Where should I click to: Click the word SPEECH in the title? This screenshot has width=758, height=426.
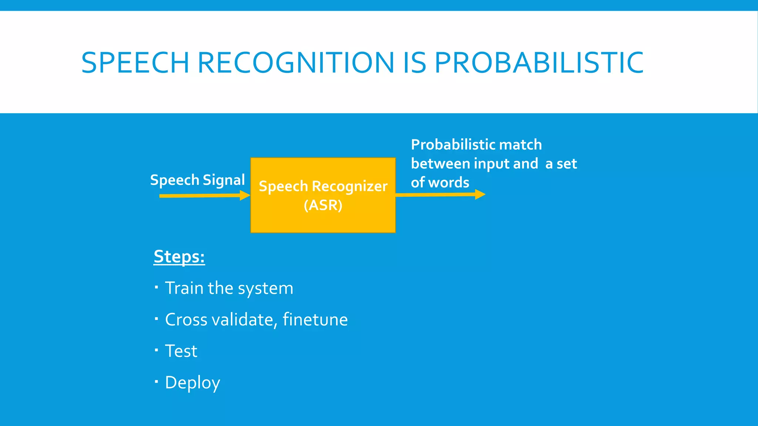pyautogui.click(x=135, y=62)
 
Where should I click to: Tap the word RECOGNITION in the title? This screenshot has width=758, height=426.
pyautogui.click(x=296, y=62)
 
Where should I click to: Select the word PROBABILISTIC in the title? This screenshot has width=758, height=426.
pyautogui.click(x=539, y=62)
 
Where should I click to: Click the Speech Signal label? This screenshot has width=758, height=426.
pyautogui.click(x=197, y=180)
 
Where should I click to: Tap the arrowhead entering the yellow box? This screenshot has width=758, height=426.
pyautogui.click(x=245, y=195)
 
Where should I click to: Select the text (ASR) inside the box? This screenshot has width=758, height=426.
pyautogui.click(x=323, y=205)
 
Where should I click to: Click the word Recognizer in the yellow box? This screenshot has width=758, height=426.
pyautogui.click(x=349, y=186)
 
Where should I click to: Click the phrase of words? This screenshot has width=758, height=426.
pyautogui.click(x=440, y=182)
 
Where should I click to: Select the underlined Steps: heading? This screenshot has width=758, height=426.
pyautogui.click(x=179, y=257)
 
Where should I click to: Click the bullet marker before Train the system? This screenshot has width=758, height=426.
pyautogui.click(x=157, y=287)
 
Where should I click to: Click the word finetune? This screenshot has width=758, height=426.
pyautogui.click(x=315, y=319)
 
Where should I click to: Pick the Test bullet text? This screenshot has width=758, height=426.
pyautogui.click(x=181, y=351)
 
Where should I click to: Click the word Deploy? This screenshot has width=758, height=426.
pyautogui.click(x=192, y=383)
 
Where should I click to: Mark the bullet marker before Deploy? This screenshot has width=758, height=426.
pyautogui.click(x=157, y=381)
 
